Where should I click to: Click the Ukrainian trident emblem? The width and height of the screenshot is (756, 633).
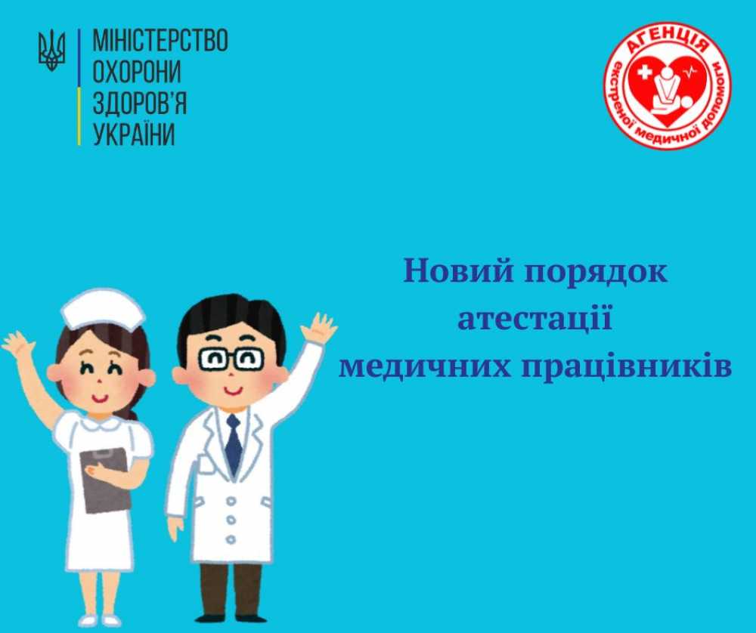pos(51,50)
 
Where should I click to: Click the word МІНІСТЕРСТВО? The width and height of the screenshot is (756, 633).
pos(160,40)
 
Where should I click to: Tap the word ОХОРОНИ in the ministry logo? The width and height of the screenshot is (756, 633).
pos(137,72)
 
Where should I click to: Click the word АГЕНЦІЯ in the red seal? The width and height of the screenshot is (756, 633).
pos(668,42)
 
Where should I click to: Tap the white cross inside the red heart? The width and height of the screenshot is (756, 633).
pos(644,73)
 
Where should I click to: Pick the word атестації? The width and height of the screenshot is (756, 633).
pos(534,320)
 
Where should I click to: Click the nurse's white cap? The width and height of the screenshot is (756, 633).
pos(103,309)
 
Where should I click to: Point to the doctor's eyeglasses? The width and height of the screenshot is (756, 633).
pos(231,359)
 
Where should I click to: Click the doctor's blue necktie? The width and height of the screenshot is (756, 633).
pos(234,444)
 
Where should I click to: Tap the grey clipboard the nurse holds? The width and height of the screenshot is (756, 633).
pos(105,480)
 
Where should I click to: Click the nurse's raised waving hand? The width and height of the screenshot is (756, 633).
pos(18,344)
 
